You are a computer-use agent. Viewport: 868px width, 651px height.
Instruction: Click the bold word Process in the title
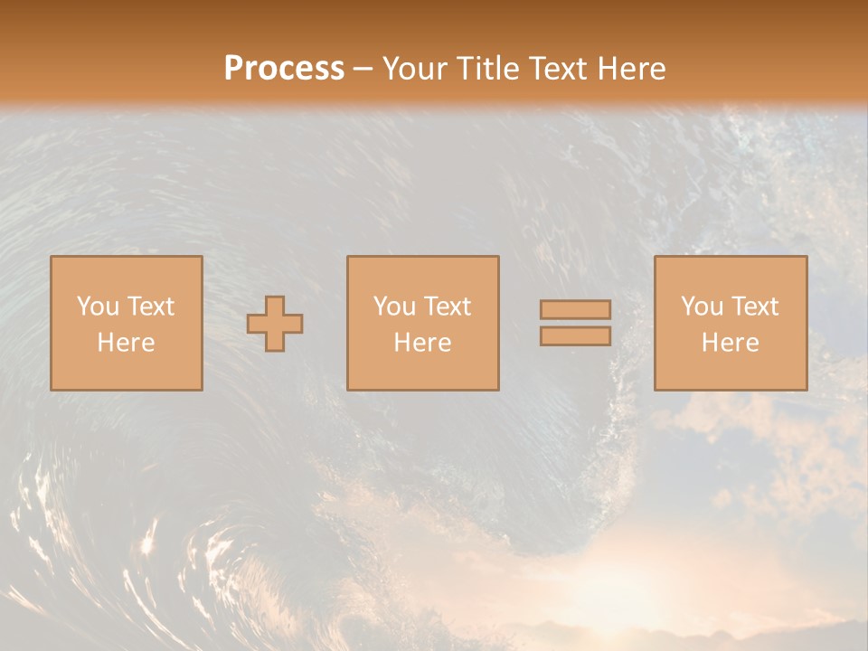coord(284,69)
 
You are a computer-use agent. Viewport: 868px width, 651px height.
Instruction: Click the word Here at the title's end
coord(629,69)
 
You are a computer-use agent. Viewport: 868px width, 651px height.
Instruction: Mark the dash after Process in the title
coord(363,70)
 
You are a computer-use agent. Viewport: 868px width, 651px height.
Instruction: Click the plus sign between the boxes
coord(276,324)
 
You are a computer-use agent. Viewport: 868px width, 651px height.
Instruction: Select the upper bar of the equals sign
coord(575,310)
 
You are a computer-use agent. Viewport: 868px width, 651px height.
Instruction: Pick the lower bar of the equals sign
coord(575,335)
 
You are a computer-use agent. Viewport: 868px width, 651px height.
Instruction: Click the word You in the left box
coord(98,307)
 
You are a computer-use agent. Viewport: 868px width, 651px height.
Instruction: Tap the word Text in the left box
coord(149,307)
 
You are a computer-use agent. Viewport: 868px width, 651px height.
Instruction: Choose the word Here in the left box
coord(126,343)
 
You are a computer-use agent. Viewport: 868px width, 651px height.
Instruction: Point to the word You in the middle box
coord(394,307)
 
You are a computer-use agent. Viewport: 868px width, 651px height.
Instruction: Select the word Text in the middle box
coord(447,307)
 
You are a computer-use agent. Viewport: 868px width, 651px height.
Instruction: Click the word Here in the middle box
coord(422,343)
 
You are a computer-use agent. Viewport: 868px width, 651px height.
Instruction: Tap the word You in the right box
coord(702,307)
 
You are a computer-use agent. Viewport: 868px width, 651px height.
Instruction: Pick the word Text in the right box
coord(754,307)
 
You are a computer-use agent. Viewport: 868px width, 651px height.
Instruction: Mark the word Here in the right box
coord(730,343)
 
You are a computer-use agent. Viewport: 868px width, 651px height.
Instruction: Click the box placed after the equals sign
coord(731,371)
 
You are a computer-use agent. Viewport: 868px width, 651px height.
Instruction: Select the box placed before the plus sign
coord(127,371)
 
